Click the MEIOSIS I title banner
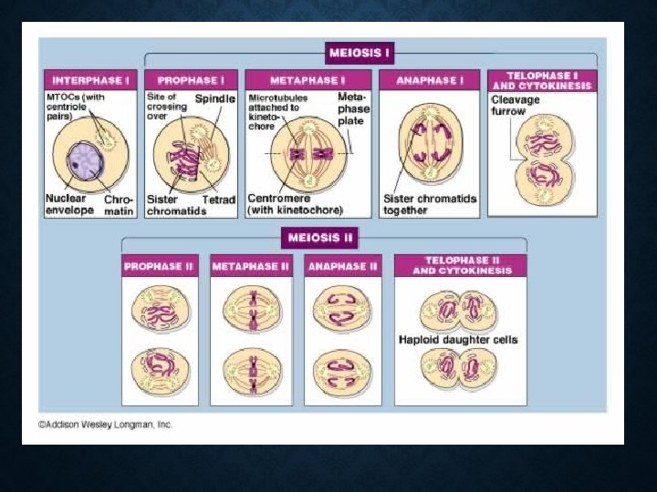tap(361, 53)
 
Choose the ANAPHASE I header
tap(429, 81)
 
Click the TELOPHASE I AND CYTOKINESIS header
tap(542, 80)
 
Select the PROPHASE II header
tap(161, 266)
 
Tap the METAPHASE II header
tap(251, 266)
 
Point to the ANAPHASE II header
tap(343, 266)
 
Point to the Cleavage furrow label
tap(516, 106)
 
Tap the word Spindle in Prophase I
tap(215, 98)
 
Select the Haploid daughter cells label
tap(458, 340)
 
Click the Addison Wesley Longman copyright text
tap(105, 425)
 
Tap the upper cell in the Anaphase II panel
tap(342, 310)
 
